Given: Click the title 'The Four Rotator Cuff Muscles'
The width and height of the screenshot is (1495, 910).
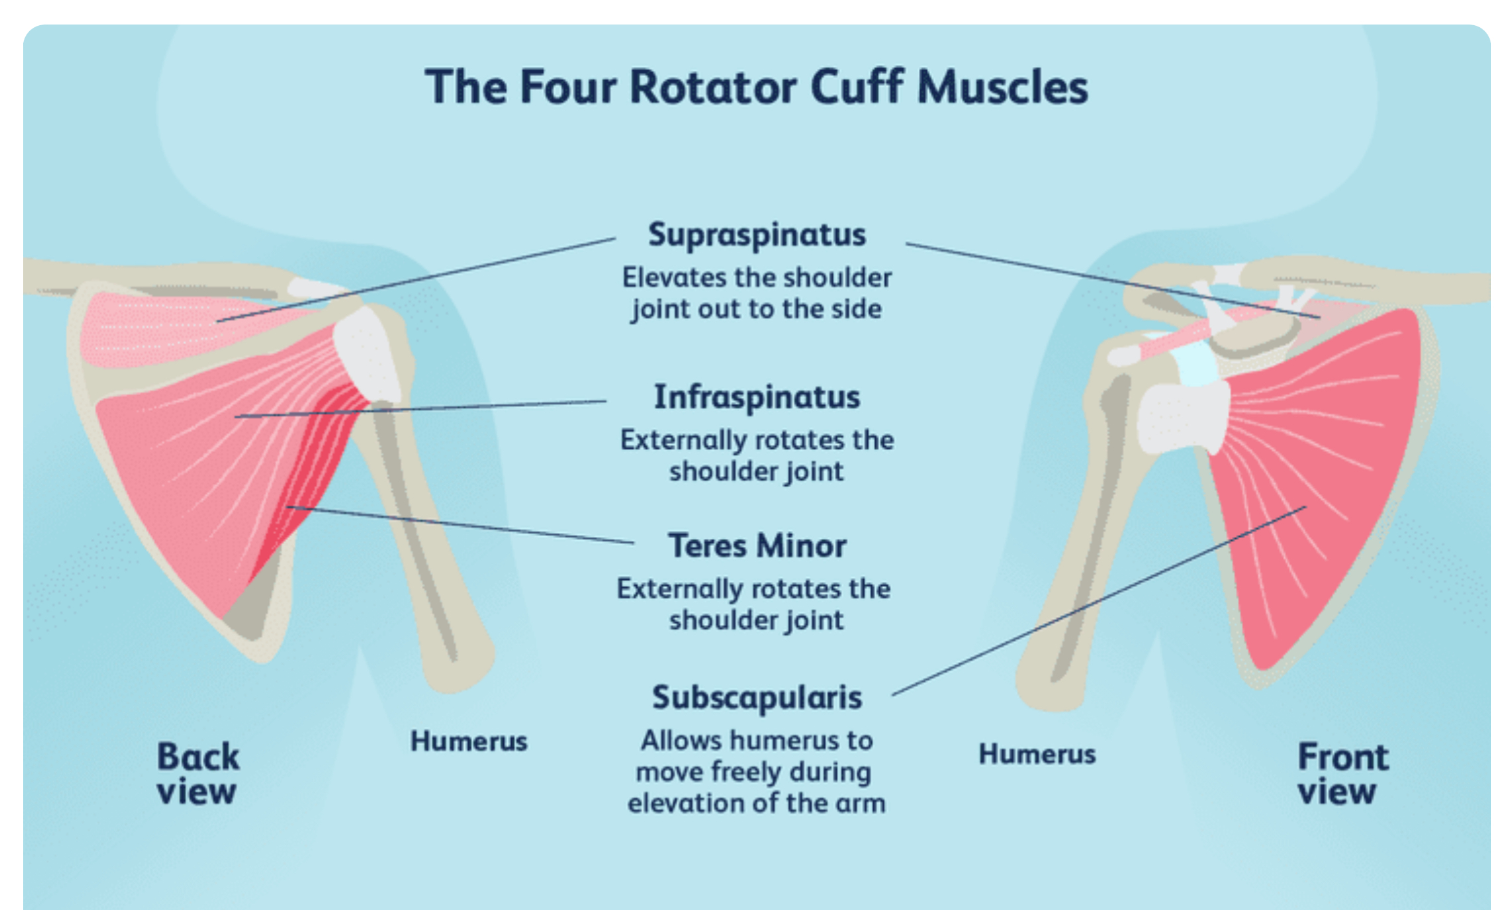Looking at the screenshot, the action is (756, 87).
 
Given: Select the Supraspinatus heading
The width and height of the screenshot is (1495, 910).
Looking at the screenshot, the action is (756, 235).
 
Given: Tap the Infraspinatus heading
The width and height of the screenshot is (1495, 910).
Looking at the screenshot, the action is (756, 398).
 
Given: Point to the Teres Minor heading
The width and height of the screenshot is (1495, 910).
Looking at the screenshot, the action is (756, 546).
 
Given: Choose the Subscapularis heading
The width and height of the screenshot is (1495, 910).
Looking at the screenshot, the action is (756, 698).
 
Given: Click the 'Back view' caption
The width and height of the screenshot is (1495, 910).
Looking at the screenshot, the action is (198, 774).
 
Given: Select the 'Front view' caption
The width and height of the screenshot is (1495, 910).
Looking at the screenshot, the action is (1343, 774).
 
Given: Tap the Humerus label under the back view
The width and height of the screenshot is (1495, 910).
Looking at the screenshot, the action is (469, 741).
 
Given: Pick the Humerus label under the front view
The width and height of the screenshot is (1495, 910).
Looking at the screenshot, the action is (1037, 754).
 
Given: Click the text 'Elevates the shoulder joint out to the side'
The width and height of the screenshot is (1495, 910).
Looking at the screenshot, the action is (756, 293).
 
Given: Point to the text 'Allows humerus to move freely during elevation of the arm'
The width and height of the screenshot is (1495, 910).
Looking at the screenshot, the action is (756, 771).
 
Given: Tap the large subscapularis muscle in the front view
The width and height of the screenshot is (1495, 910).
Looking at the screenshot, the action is (1319, 464).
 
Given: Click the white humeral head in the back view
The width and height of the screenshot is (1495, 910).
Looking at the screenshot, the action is (368, 355).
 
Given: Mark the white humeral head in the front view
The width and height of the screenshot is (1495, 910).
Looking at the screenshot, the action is (1183, 418).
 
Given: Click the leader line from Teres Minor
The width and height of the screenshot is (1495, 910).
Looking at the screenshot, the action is (464, 525).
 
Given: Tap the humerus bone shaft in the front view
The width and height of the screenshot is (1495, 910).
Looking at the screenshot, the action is (1087, 563).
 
